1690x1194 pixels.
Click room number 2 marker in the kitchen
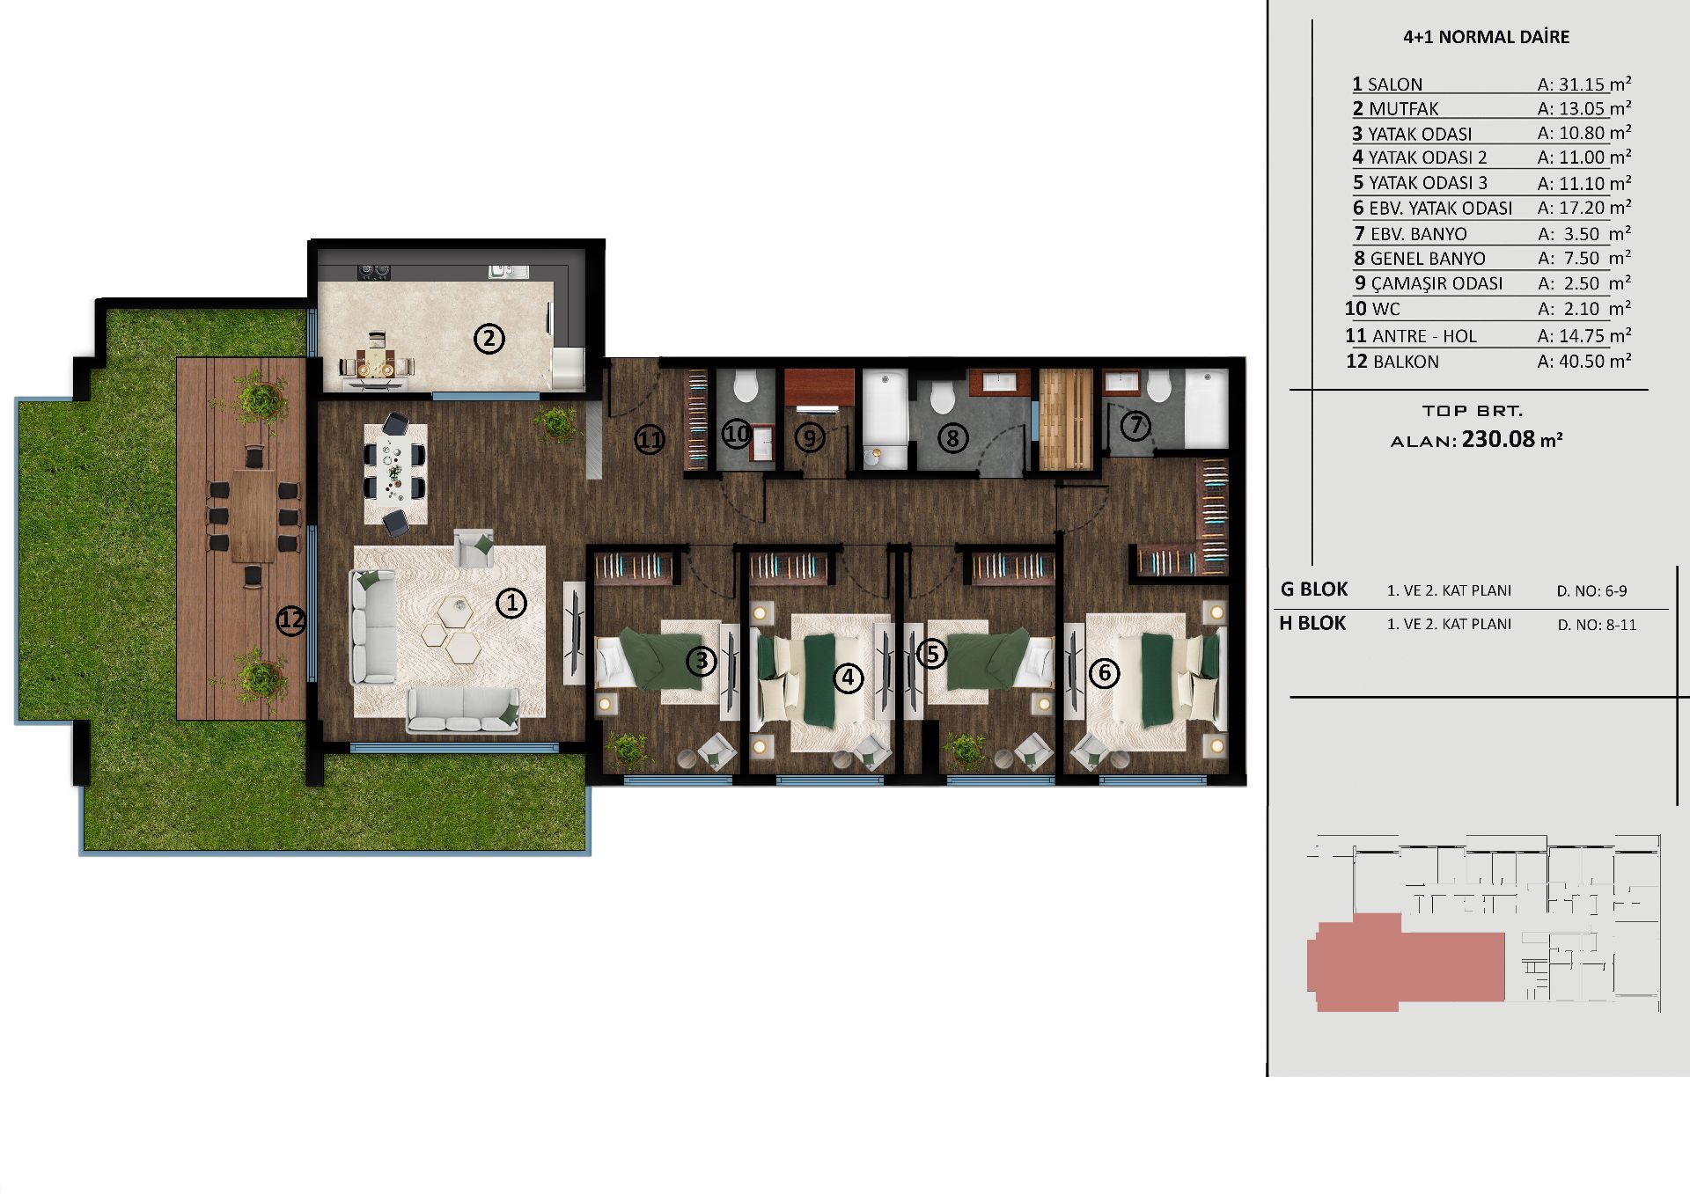coord(489,339)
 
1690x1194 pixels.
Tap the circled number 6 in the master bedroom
coord(1104,674)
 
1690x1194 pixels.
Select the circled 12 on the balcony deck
coord(290,620)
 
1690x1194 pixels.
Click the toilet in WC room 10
coord(746,386)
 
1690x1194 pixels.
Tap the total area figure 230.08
coord(1498,439)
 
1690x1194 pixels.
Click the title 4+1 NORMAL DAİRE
coord(1486,37)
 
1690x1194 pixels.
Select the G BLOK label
coord(1314,590)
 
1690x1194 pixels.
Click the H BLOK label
coord(1312,623)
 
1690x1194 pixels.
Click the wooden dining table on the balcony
coord(253,516)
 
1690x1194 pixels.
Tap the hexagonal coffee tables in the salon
coord(450,628)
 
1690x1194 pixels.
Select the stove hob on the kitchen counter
coord(373,272)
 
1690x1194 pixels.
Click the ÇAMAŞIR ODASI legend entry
coord(1429,283)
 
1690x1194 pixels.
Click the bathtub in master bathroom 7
coord(1206,409)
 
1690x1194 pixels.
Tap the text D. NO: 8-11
coord(1597,625)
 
